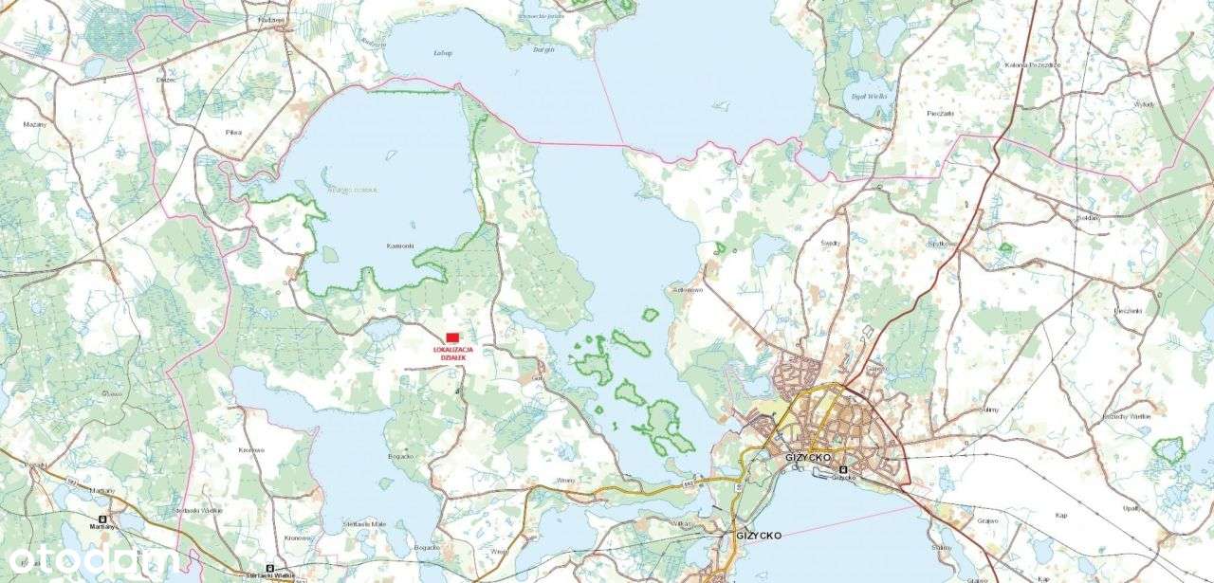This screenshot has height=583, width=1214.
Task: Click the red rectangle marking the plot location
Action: (452, 337)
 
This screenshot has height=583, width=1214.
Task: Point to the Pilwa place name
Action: (234, 132)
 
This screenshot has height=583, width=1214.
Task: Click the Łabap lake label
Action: (441, 52)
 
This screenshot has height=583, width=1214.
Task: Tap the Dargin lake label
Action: (543, 47)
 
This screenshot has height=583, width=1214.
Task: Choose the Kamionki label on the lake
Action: (400, 246)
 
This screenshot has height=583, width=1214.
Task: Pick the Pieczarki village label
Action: (940, 113)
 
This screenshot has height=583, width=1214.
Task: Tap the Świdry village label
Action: (831, 243)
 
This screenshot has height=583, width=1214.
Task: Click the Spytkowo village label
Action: (941, 244)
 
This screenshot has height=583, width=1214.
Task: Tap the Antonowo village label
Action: (687, 290)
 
